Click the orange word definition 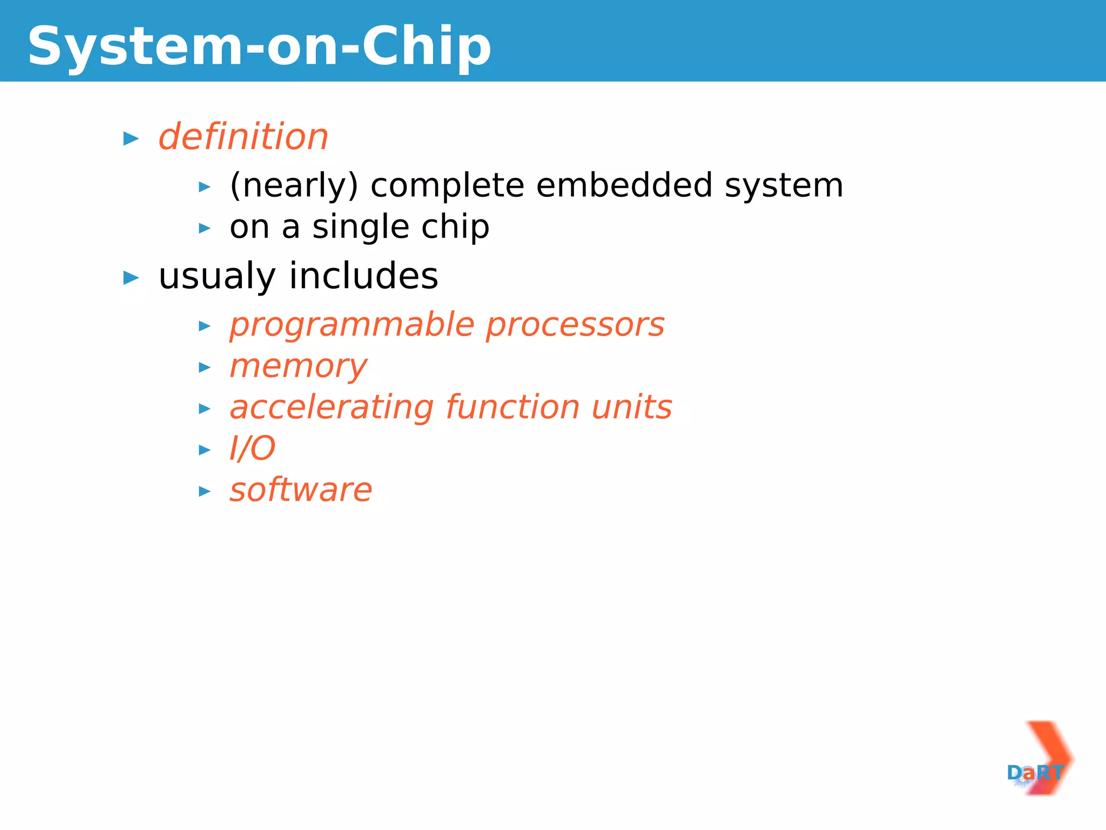[244, 137]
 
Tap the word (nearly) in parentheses [294, 185]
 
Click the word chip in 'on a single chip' [455, 227]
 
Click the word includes [363, 276]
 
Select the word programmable [352, 325]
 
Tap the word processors [575, 325]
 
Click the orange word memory [298, 367]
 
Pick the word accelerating [332, 408]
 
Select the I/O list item [252, 449]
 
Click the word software [301, 490]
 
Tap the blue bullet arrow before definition [131, 139]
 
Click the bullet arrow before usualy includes [131, 278]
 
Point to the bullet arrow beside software [205, 492]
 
